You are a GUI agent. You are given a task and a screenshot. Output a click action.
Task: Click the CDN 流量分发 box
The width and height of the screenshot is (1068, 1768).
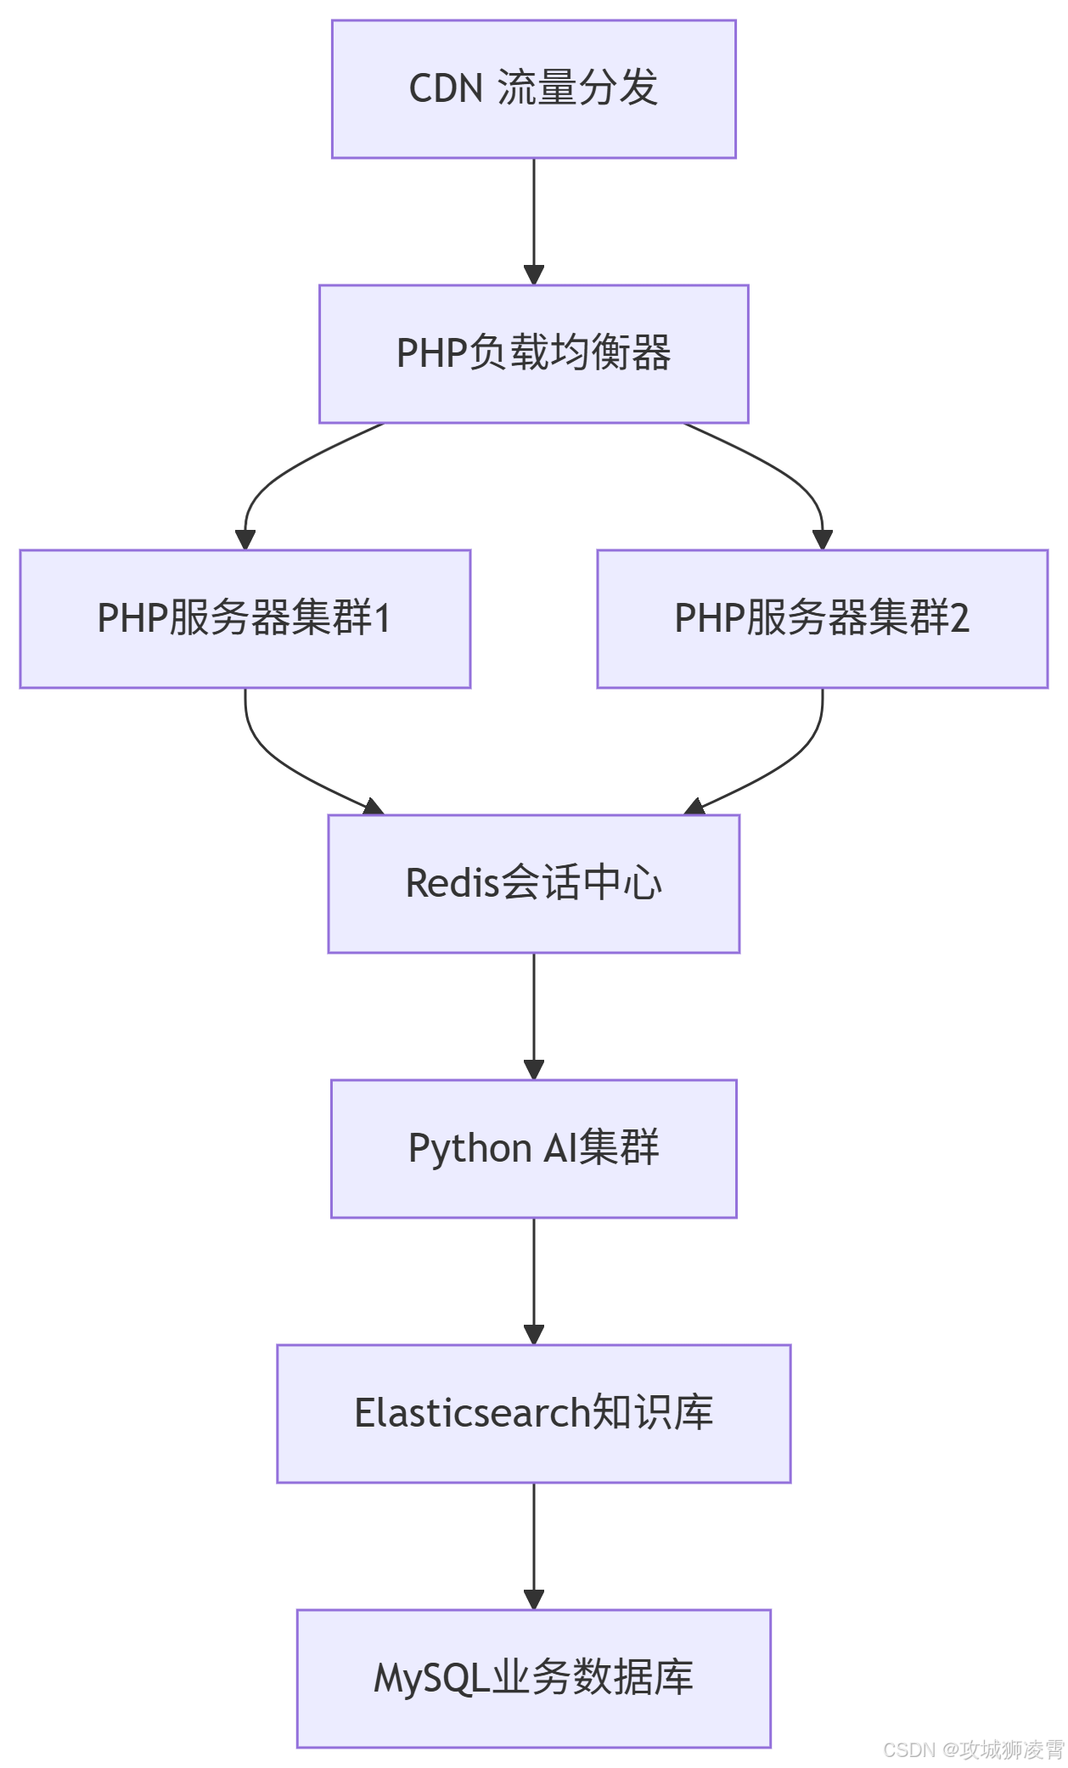click(x=533, y=89)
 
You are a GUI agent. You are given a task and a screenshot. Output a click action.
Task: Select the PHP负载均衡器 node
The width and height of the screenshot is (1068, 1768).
click(x=533, y=354)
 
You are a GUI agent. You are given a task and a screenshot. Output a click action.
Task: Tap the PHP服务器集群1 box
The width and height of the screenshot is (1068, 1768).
click(x=245, y=619)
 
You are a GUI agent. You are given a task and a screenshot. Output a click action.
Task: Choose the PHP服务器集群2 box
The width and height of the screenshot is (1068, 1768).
click(x=822, y=619)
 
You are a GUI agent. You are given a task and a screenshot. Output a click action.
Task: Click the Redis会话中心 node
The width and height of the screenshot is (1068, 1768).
click(x=533, y=884)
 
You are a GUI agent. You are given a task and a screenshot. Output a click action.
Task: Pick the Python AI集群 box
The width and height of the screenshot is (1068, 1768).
click(x=533, y=1149)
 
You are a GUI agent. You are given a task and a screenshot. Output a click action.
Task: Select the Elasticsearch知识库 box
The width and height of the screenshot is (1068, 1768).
click(x=533, y=1414)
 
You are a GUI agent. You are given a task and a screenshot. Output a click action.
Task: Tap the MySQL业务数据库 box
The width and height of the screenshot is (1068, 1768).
click(x=533, y=1679)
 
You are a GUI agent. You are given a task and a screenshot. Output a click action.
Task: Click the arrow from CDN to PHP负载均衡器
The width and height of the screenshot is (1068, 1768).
click(x=533, y=221)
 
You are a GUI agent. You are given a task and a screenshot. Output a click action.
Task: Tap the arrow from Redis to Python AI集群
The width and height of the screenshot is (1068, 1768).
click(x=533, y=1016)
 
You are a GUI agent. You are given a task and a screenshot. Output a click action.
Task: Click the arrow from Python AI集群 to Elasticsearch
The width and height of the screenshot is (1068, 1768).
click(x=533, y=1281)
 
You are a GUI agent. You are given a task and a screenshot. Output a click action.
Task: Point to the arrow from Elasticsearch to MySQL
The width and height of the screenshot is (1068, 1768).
click(x=533, y=1546)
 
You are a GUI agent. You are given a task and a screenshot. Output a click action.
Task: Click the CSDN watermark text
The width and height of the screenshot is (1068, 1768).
click(x=973, y=1749)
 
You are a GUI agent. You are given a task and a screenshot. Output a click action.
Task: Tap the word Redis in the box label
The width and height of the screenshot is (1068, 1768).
click(x=452, y=884)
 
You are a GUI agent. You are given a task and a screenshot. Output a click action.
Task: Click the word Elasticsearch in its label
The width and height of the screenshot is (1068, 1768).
click(x=472, y=1414)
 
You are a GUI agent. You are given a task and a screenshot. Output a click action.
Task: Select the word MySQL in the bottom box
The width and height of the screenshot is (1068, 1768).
click(x=432, y=1679)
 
